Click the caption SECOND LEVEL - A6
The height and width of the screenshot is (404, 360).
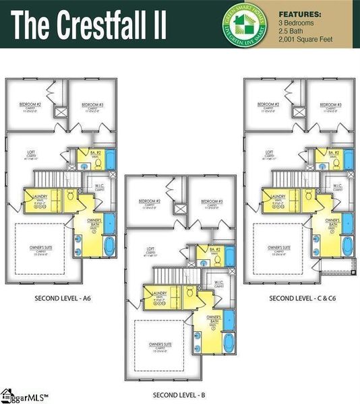point(61,297)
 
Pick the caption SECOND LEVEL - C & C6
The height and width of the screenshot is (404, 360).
point(300,298)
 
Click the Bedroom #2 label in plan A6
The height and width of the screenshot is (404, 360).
point(30,105)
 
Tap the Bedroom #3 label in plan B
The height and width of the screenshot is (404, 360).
point(210,201)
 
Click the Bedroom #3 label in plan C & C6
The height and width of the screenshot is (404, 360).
point(330,105)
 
